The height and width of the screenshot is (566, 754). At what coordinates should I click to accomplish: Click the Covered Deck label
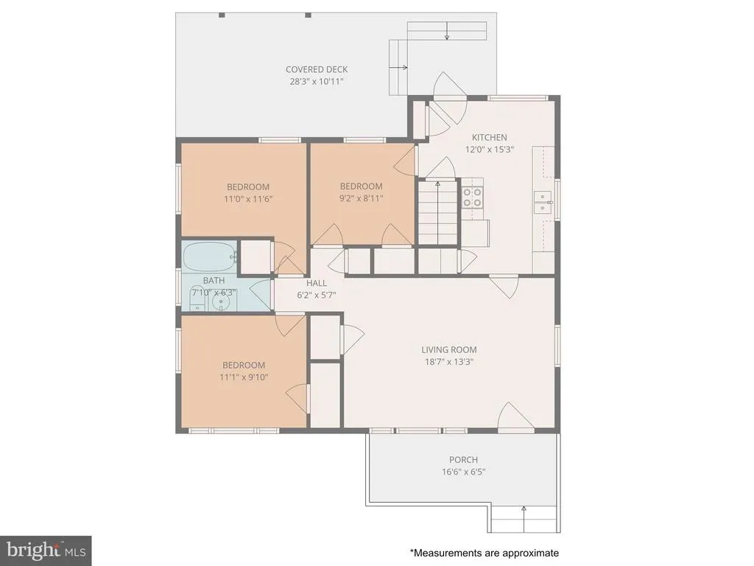317,69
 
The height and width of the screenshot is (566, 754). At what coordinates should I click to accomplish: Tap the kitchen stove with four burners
472,198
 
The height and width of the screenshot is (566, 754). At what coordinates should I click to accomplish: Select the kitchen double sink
543,202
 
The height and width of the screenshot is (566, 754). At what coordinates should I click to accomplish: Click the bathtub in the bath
210,256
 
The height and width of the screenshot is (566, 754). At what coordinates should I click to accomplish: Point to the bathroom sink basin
221,302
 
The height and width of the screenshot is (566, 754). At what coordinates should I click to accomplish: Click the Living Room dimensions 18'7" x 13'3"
449,362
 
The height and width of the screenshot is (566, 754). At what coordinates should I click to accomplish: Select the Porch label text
464,460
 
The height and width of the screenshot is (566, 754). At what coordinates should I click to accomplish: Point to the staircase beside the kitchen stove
437,212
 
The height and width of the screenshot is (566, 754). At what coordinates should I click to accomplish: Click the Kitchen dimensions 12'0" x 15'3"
490,149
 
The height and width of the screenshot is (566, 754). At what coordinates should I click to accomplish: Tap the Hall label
317,283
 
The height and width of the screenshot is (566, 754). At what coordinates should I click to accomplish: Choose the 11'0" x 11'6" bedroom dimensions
248,199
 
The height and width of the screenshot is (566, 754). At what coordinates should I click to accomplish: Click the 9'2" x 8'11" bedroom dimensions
361,198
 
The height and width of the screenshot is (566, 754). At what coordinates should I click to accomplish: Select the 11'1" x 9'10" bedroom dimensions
244,377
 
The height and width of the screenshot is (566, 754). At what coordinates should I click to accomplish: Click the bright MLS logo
46,550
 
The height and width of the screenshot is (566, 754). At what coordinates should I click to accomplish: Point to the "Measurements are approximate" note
485,553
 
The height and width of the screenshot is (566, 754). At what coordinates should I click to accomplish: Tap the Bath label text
214,280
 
